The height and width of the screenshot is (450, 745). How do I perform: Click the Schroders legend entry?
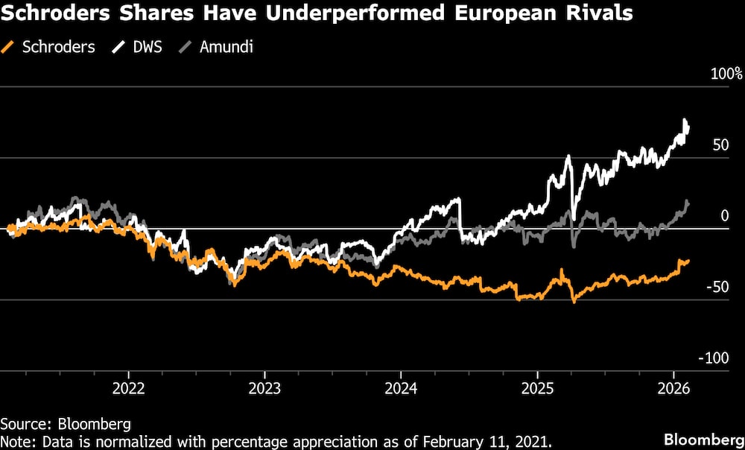click(x=58, y=46)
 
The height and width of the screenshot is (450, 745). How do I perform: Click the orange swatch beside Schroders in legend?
click(x=10, y=46)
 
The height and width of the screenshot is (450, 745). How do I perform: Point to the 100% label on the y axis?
click(x=726, y=74)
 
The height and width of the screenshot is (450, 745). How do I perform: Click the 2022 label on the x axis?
click(x=127, y=390)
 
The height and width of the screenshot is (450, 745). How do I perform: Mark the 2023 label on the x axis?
click(x=264, y=390)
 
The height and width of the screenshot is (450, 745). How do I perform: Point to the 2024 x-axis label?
click(x=400, y=390)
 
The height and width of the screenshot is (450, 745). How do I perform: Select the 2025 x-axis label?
click(x=537, y=390)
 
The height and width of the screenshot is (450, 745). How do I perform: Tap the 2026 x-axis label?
click(x=673, y=390)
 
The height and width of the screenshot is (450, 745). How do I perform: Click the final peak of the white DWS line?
click(x=685, y=121)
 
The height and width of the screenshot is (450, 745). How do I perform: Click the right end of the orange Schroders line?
click(x=688, y=261)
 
